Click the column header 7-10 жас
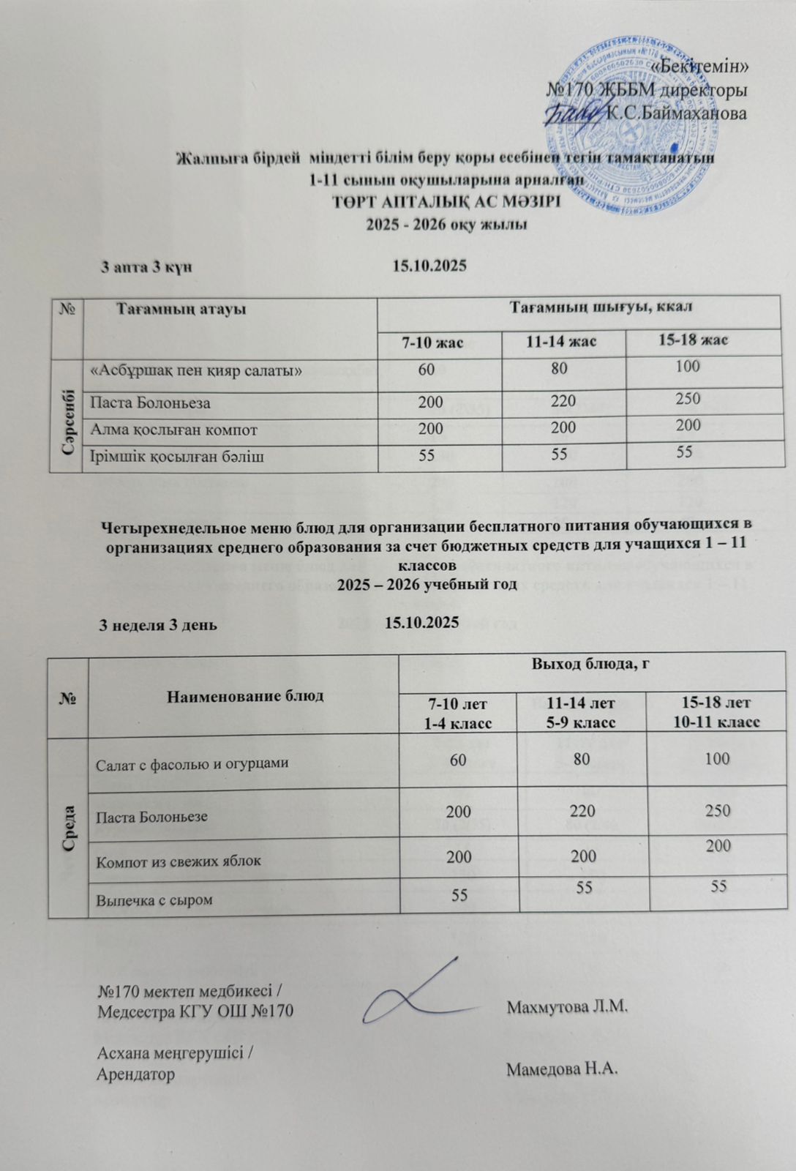tap(439, 342)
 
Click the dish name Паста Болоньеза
tap(150, 403)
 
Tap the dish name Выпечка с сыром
tap(155, 899)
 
